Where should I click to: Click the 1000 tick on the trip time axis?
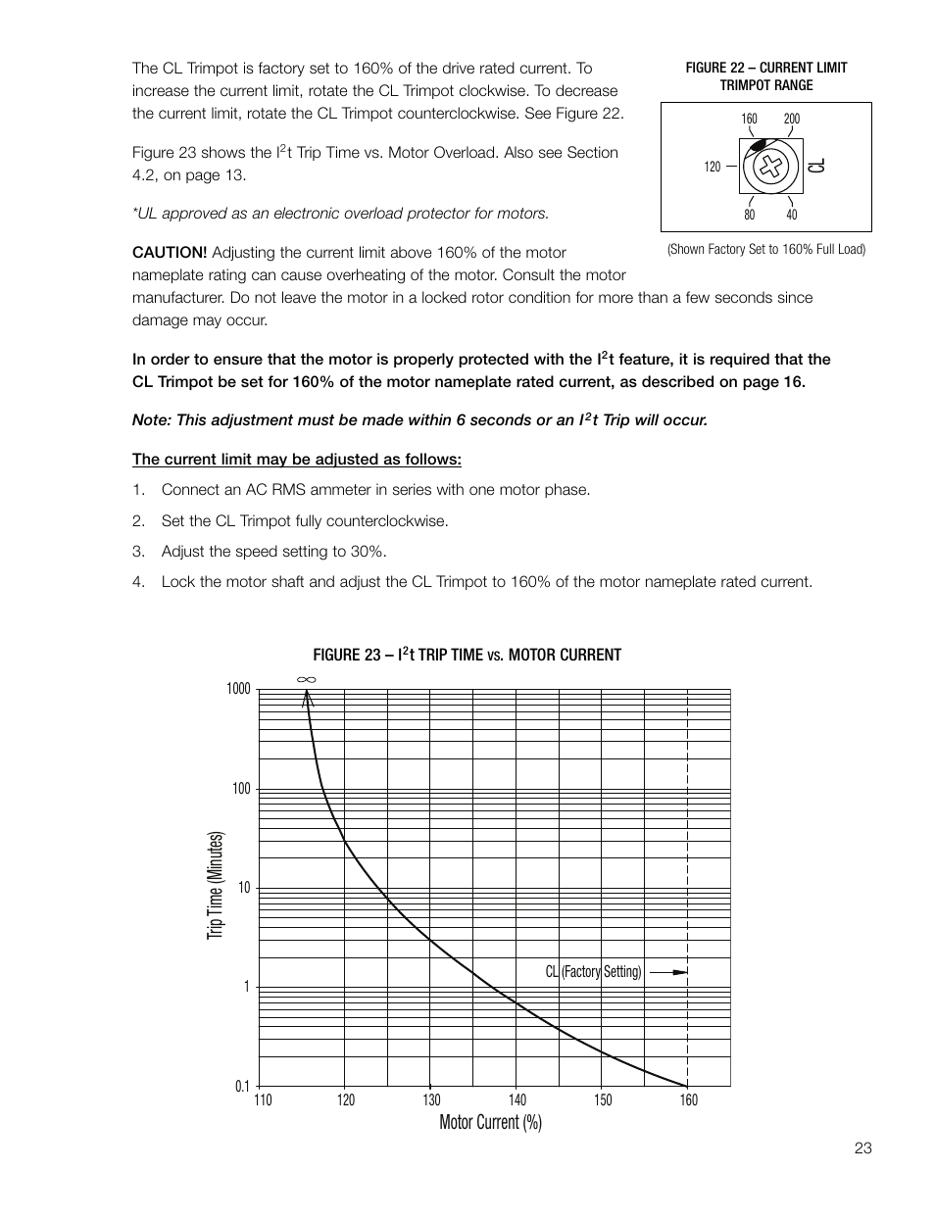[239, 689]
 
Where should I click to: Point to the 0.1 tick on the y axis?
[242, 1086]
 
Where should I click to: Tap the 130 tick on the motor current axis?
[432, 1099]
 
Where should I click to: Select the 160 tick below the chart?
[689, 1099]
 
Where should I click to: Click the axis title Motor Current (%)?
[490, 1122]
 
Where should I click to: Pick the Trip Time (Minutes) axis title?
[216, 885]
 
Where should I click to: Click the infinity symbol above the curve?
[306, 679]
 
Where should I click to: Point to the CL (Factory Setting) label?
[593, 972]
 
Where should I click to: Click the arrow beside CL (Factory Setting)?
[668, 972]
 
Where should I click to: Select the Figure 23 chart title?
[467, 655]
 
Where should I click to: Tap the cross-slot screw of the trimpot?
[772, 166]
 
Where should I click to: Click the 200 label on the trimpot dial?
[792, 119]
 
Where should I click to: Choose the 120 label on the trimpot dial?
[713, 168]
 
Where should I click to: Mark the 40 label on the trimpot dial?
[792, 214]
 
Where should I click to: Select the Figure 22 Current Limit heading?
[765, 75]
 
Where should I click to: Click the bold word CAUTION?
[170, 253]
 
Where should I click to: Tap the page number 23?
[862, 1148]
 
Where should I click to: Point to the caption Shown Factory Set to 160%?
[766, 249]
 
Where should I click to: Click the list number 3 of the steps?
[139, 552]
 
